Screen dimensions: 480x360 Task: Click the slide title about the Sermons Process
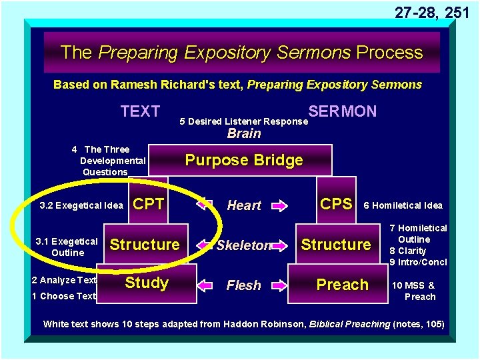coord(241,53)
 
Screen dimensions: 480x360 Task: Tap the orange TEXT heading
coord(140,111)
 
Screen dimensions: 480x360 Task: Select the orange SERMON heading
coord(343,111)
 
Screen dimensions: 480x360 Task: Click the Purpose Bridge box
coord(244,160)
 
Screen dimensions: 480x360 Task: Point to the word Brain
coord(244,133)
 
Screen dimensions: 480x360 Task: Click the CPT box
coord(149,204)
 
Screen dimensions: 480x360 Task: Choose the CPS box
coord(337,204)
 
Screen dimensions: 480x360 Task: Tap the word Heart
coord(244,205)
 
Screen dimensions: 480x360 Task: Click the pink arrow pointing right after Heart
coord(279,205)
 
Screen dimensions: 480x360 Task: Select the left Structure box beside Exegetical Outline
coord(145,245)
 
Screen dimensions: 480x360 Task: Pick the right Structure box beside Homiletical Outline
coord(336,245)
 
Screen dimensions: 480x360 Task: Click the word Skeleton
coord(244,245)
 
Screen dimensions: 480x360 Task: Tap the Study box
coord(147,283)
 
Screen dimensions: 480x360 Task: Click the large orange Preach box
coord(342,285)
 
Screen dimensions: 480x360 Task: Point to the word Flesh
coord(244,285)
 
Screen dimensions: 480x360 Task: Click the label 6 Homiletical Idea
coord(403,205)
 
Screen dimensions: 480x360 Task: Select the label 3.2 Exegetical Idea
coord(81,205)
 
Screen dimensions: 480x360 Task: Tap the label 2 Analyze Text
coord(64,280)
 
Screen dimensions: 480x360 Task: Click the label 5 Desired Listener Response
coord(244,121)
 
